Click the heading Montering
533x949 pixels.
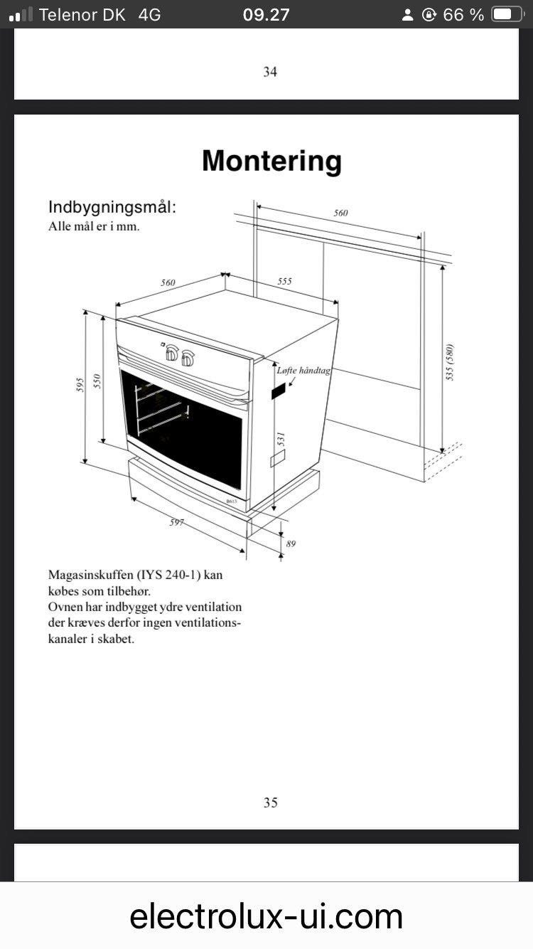pos(271,161)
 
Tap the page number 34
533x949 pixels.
pos(270,72)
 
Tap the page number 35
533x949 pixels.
pos(271,802)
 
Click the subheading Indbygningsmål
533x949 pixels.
pos(112,208)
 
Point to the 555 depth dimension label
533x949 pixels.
pos(284,281)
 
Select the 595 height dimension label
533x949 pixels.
pos(80,385)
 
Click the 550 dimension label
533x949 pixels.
pos(97,381)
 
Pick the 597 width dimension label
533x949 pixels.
pos(176,522)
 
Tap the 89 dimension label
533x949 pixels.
pos(291,544)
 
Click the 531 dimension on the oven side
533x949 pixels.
pos(281,440)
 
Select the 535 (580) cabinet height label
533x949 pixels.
pos(450,362)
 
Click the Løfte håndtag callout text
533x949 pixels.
pos(303,371)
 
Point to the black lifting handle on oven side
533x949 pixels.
pos(278,391)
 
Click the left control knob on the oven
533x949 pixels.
pos(171,353)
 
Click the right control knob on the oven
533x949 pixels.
pos(188,359)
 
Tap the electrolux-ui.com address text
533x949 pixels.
pos(266,916)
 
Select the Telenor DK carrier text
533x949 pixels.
pos(82,15)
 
